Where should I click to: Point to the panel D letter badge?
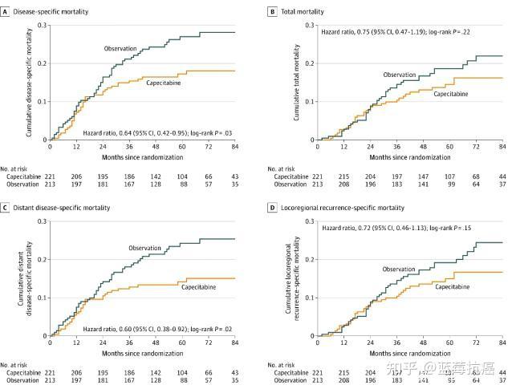(274, 208)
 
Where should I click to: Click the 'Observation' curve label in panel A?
(121, 49)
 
